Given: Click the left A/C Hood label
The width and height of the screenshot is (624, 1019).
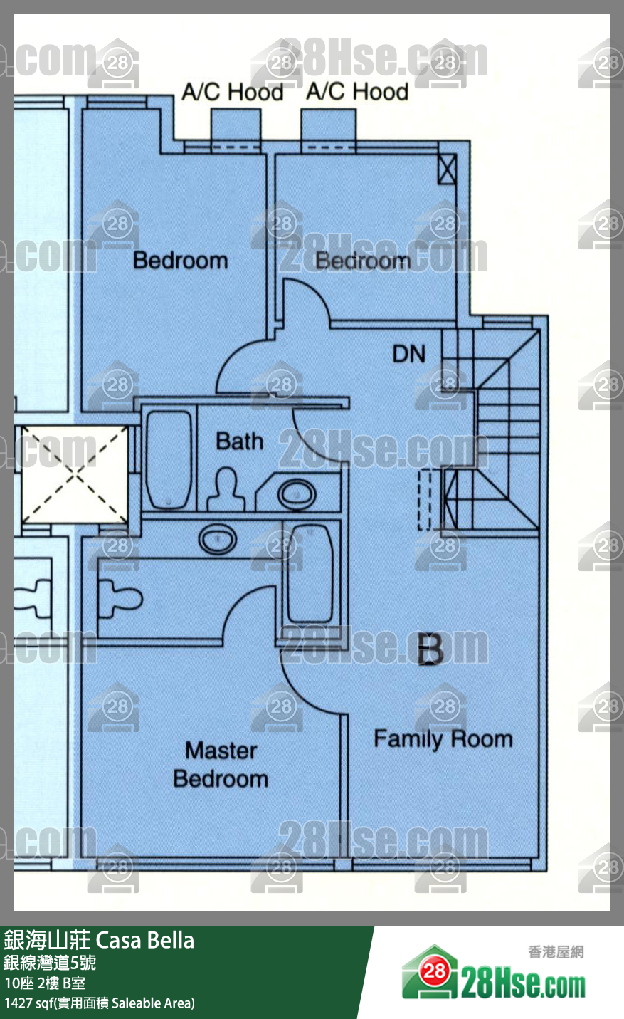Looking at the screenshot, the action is coord(232,92).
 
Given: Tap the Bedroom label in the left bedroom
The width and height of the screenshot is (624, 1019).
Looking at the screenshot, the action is coord(181,261).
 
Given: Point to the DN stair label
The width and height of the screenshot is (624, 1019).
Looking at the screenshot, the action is coord(409,354).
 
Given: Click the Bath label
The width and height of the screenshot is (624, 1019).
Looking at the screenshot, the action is coord(240,441).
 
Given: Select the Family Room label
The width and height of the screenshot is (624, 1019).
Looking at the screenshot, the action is coord(443,738).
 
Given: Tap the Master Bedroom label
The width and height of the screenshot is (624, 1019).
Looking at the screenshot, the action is coord(221,765).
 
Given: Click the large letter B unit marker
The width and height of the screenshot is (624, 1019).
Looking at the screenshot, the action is coord(430,649).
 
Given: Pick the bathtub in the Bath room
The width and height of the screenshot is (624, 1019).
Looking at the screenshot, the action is coord(169,459).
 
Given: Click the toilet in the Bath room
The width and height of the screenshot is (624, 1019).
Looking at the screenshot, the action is coord(226,489).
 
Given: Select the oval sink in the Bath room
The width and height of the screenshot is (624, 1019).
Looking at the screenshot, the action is coord(297,494).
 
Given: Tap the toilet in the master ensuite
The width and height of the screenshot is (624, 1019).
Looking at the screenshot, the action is coord(119,598).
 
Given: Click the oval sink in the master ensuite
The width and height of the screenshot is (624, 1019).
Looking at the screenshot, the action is coord(218,540).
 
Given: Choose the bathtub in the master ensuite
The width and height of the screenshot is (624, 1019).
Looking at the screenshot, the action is coord(311,574).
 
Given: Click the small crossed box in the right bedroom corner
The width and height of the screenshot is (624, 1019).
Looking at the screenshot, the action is coord(447,169).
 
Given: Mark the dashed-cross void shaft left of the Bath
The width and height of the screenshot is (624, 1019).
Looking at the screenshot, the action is coord(75,474).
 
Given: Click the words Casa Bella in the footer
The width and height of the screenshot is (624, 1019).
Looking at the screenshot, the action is coord(145,941).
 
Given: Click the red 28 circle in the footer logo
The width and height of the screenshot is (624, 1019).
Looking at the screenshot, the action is coord(434,972).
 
